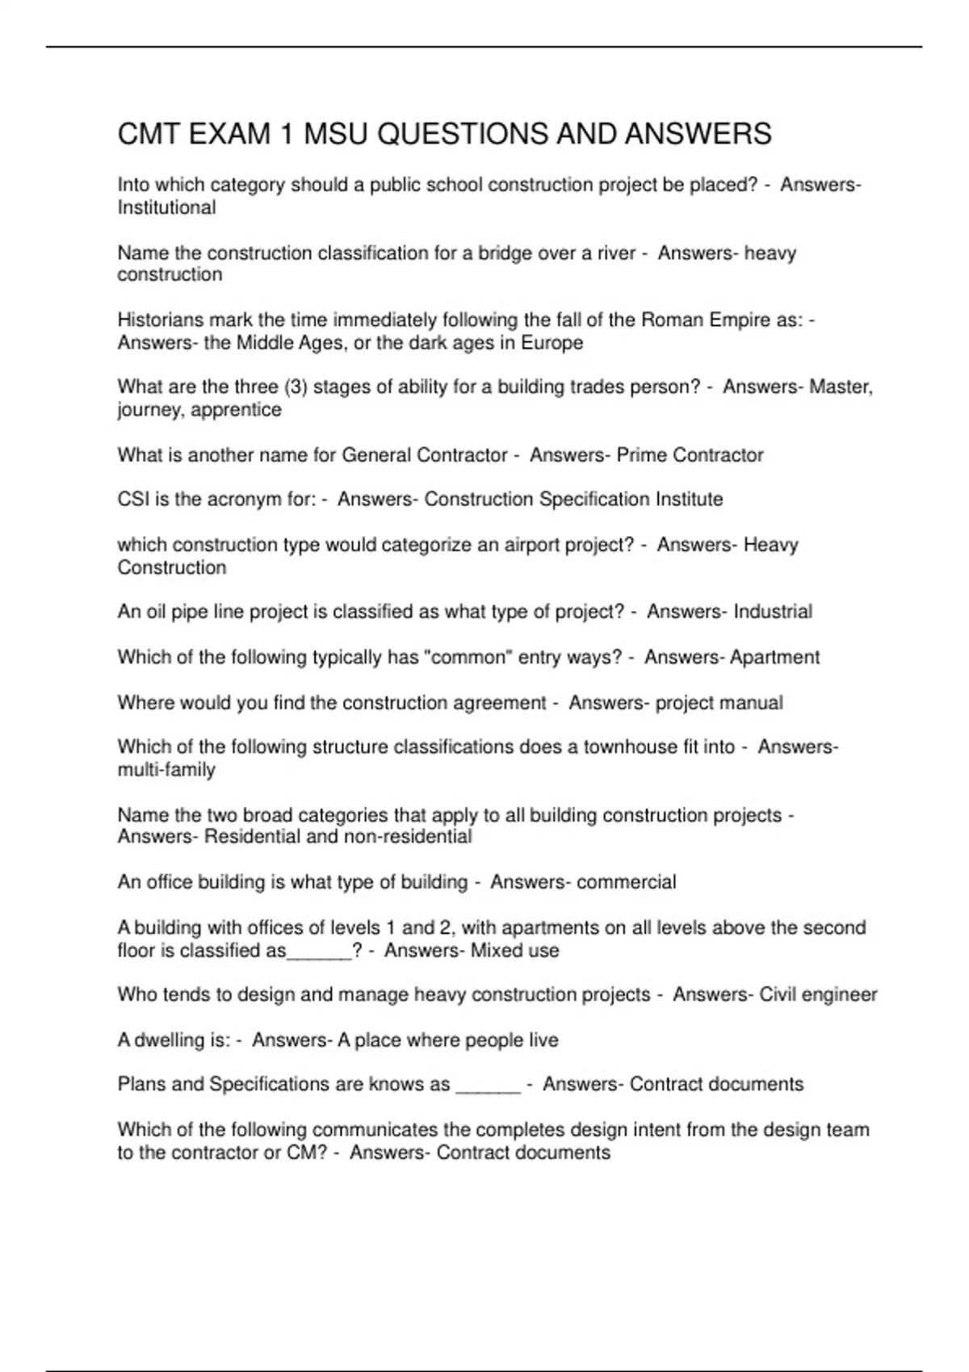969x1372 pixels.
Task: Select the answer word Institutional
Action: [166, 208]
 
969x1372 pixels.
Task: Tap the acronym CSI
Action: [133, 500]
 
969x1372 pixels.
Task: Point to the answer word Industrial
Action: [772, 612]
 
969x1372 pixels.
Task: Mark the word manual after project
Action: [751, 703]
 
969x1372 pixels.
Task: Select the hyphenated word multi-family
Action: [166, 770]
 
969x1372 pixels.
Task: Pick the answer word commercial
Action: [627, 882]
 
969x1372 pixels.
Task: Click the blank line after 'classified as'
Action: [319, 952]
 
